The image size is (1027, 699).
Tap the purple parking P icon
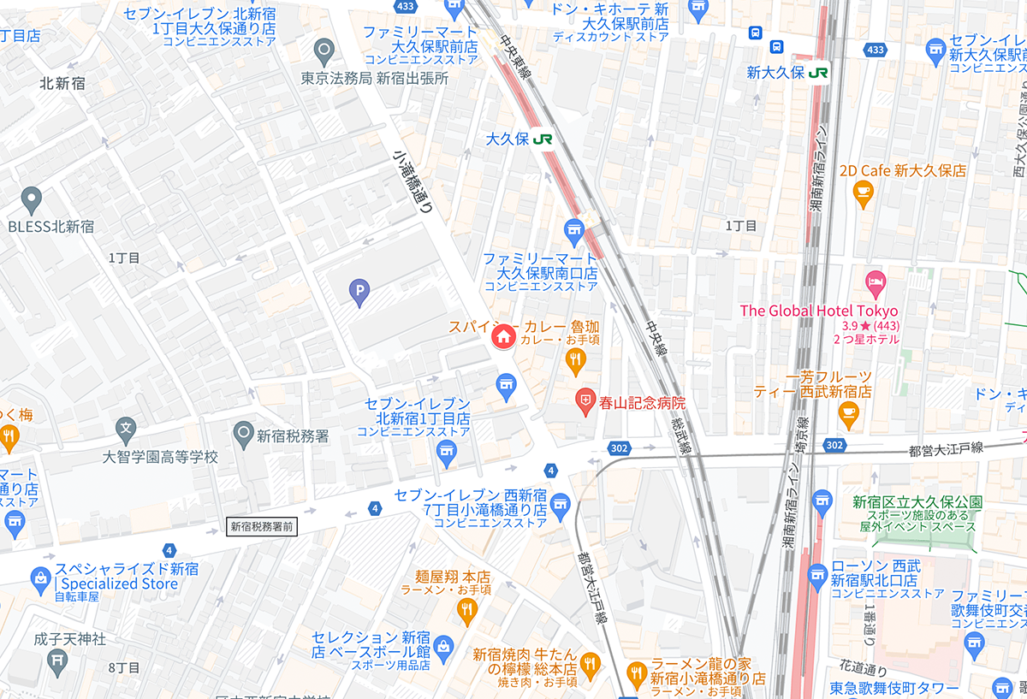tap(359, 294)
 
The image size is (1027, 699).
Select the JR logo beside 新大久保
tap(819, 73)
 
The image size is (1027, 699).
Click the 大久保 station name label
tap(507, 139)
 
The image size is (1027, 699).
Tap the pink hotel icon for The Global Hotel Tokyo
tap(874, 281)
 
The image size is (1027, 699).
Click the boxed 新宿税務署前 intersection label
tap(262, 527)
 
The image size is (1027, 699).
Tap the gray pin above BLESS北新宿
tap(32, 200)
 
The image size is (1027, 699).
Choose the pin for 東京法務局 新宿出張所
tap(324, 53)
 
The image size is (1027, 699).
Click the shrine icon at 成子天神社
tap(57, 660)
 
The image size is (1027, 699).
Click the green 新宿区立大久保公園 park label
tap(917, 501)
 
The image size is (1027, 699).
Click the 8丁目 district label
tap(124, 666)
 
